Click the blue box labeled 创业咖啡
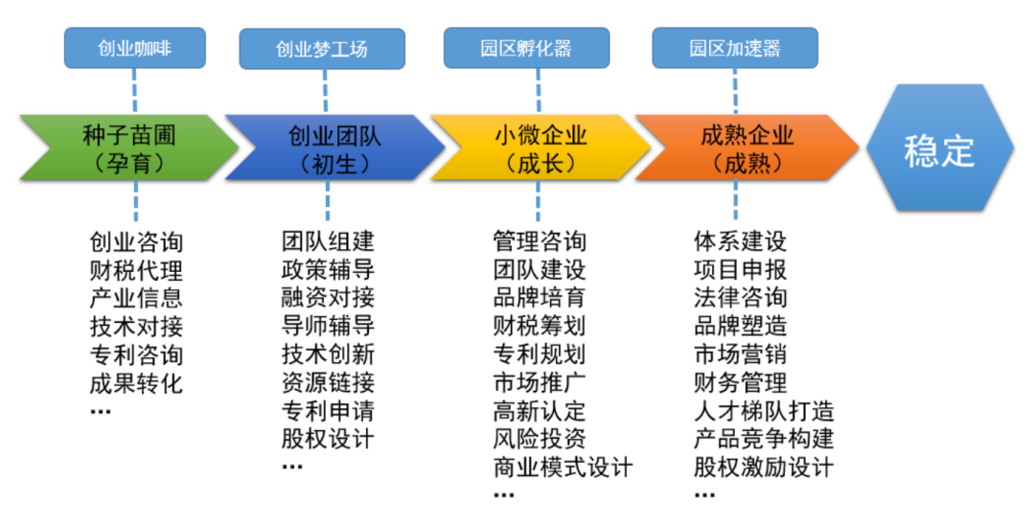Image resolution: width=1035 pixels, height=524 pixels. coord(135,47)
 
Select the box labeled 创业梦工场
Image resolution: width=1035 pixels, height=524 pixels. coord(322,48)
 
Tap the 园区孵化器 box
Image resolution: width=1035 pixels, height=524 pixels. coord(526,48)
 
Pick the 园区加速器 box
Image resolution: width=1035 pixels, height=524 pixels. coord(735,48)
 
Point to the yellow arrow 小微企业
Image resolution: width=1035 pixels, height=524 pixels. coord(540,149)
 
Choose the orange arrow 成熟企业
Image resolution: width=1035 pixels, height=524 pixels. coord(746,149)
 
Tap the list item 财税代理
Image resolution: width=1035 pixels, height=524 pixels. coord(136,270)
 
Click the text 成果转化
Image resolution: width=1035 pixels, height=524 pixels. coord(136,384)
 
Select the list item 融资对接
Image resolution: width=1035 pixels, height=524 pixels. coord(328,298)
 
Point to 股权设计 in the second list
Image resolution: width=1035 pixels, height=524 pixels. coord(328,440)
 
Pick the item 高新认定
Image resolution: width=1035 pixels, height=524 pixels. coord(539,411)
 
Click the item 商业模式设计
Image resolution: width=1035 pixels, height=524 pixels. coord(563,468)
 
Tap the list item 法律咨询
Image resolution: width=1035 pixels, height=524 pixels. coord(740,298)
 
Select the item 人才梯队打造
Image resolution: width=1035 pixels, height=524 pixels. coord(764,411)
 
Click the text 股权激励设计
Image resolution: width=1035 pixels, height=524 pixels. coord(764,468)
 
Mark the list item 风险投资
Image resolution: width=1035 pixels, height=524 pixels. coord(539,440)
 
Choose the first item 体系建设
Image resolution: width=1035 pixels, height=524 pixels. coord(740,241)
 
